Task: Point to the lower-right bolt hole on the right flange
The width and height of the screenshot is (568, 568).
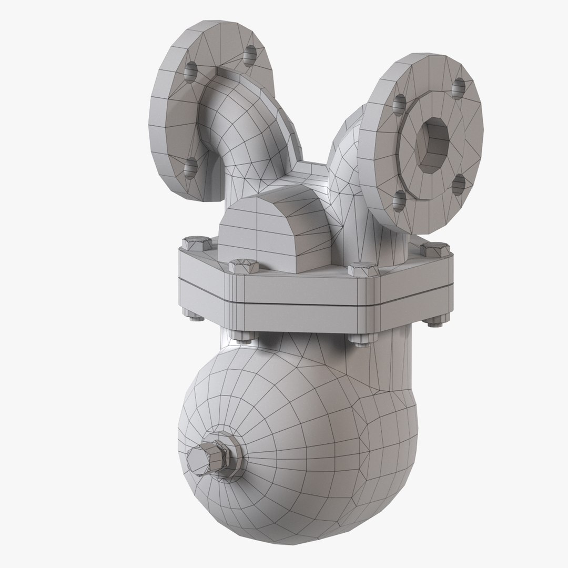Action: pyautogui.click(x=459, y=184)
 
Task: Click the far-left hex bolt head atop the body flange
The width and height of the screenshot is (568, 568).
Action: pyautogui.click(x=192, y=243)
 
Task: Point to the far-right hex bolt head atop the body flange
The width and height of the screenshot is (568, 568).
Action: pyautogui.click(x=435, y=247)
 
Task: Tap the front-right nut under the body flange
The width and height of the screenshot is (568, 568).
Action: pyautogui.click(x=359, y=340)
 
